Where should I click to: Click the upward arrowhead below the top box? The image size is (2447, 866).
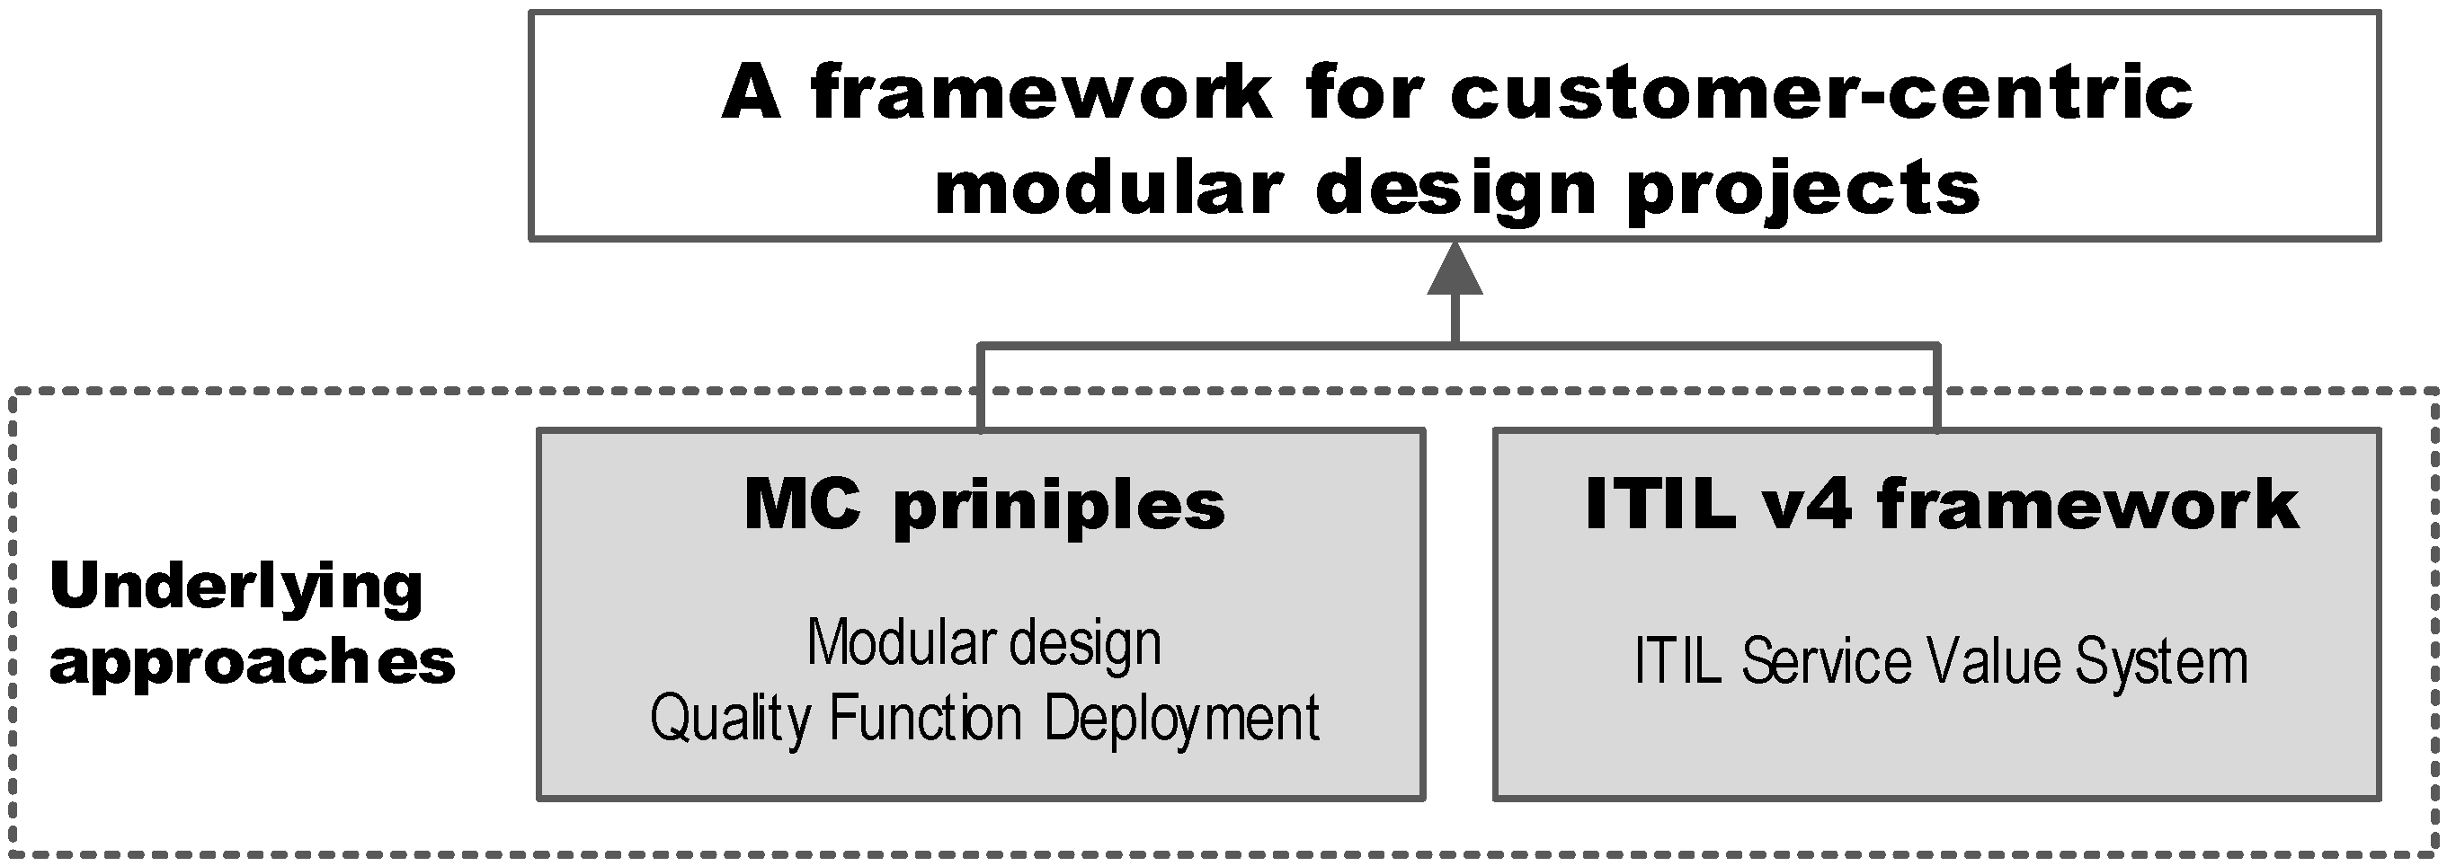[1455, 270]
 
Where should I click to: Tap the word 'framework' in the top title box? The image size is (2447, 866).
[1040, 94]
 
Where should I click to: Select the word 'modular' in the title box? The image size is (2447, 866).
[1108, 188]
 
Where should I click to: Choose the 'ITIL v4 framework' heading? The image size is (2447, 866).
[1942, 504]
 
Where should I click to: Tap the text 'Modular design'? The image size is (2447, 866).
[984, 643]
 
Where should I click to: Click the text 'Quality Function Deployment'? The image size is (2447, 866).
[984, 719]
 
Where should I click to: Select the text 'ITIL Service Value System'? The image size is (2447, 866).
[1941, 662]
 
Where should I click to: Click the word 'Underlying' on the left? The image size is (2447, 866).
[236, 588]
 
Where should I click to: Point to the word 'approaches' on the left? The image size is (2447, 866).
[253, 663]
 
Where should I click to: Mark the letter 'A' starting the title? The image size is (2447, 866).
[752, 94]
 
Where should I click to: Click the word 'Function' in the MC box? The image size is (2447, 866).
[925, 719]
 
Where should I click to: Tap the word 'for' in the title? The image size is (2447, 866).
[1365, 94]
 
